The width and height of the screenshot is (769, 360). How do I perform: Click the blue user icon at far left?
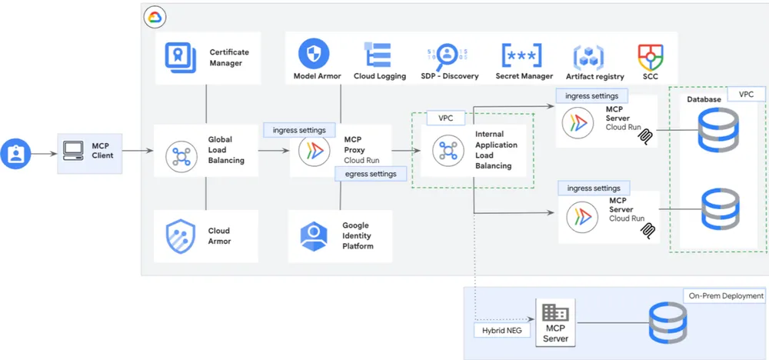tap(15, 152)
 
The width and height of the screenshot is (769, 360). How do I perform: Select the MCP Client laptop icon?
tap(73, 151)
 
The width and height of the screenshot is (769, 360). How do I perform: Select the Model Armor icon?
tap(314, 53)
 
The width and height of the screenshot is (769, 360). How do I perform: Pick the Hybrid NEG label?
tap(498, 330)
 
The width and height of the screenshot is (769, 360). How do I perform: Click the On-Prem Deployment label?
tap(724, 296)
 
